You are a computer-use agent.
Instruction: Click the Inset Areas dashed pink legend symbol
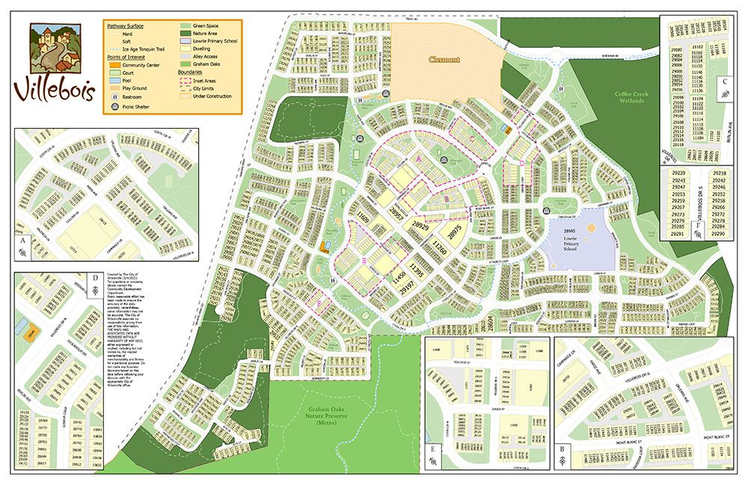(x=185, y=80)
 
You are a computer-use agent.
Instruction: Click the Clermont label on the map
(x=444, y=59)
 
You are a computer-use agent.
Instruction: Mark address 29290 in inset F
(x=720, y=234)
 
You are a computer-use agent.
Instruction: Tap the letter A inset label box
(x=24, y=242)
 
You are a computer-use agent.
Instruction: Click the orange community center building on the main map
(x=324, y=247)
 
